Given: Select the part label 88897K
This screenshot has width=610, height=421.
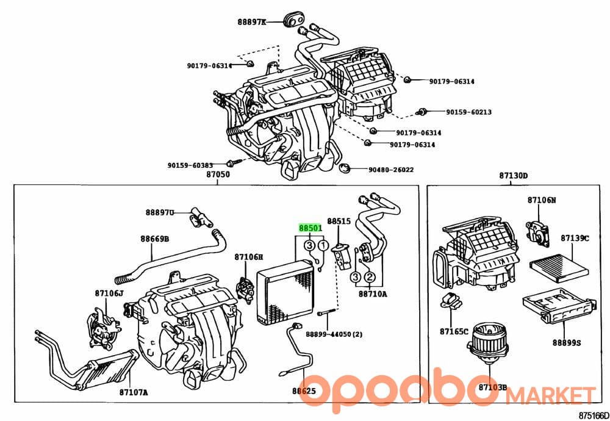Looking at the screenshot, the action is coord(252,22).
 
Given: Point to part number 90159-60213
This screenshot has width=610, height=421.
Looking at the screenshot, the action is coord(468,112).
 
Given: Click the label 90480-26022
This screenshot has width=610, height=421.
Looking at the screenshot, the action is coord(391,170).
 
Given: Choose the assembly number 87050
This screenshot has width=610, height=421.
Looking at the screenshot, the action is coord(218,175).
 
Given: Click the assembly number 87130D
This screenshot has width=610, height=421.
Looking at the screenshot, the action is coord(514,176).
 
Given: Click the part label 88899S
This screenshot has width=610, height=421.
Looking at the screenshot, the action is coord(567,343).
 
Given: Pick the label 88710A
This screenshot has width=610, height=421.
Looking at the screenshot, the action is coord(373,293).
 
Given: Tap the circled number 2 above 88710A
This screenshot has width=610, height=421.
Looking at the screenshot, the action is coord(369,277).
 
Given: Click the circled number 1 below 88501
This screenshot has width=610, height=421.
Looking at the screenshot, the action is coord(323,245).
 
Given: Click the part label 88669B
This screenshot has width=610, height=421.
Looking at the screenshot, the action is coord(155,239).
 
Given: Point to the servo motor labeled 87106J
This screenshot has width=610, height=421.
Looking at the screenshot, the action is coord(102,327).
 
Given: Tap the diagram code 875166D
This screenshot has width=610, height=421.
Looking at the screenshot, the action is coord(594,415).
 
